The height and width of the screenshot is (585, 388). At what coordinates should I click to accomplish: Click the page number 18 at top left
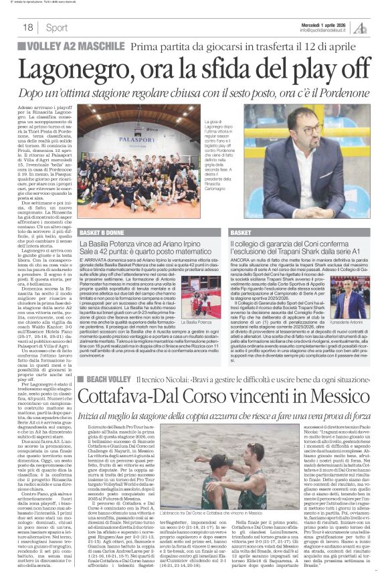click(x=28, y=27)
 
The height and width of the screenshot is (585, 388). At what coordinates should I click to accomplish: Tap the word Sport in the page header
click(x=57, y=27)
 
